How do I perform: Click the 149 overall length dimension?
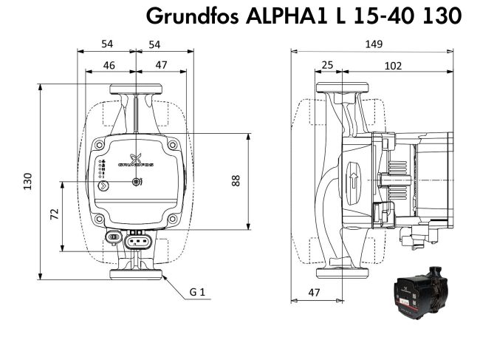374,44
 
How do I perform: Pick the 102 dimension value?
393,66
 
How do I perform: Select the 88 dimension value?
236,180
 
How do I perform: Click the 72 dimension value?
54,214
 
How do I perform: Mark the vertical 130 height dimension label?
27,181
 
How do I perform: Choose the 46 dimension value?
109,65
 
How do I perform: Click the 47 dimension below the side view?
315,293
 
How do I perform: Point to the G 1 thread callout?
196,293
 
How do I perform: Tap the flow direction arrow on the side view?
354,180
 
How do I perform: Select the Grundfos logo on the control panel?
135,160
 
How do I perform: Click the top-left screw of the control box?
100,145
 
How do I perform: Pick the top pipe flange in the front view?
136,89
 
